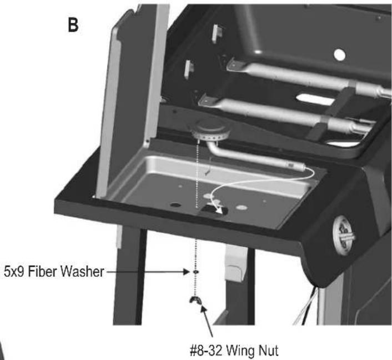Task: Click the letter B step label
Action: pyautogui.click(x=73, y=26)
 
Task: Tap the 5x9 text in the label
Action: pyautogui.click(x=14, y=272)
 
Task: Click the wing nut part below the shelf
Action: pyautogui.click(x=196, y=301)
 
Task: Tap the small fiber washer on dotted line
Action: pyautogui.click(x=196, y=272)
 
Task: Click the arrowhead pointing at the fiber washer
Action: pyautogui.click(x=187, y=272)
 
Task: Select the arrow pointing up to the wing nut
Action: pyautogui.click(x=207, y=322)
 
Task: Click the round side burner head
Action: pyautogui.click(x=211, y=130)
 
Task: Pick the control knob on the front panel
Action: pyautogui.click(x=343, y=237)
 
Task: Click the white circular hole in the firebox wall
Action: pyautogui.click(x=339, y=55)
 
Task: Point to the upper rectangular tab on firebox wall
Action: pyautogui.click(x=217, y=34)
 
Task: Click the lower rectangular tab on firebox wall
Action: pyautogui.click(x=189, y=69)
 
